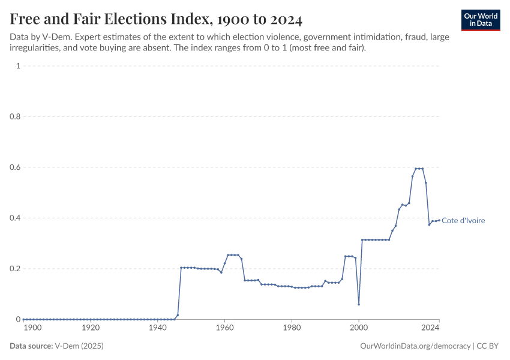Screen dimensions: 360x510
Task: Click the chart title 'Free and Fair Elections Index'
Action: coord(156,19)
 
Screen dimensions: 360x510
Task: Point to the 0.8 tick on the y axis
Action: coord(16,117)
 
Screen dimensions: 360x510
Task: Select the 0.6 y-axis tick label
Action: coord(16,167)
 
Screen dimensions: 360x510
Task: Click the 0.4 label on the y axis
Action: coord(16,218)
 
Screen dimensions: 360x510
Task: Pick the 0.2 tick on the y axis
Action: coord(16,269)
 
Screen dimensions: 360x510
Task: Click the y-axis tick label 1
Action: coord(18,66)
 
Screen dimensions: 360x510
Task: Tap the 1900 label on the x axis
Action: coord(32,328)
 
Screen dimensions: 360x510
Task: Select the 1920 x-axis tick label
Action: coord(91,328)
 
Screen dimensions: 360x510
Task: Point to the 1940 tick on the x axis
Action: coord(157,328)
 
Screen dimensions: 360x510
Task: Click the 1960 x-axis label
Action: coord(224,328)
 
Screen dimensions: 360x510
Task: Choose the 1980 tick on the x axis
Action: coord(292,328)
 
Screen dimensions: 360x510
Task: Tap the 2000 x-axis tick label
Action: coord(359,328)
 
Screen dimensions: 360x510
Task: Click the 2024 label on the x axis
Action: coord(430,328)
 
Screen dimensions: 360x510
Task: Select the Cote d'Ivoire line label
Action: coord(463,221)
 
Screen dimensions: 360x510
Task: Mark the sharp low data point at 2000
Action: coord(359,304)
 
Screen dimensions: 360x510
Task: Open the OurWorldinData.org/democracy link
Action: coord(415,346)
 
